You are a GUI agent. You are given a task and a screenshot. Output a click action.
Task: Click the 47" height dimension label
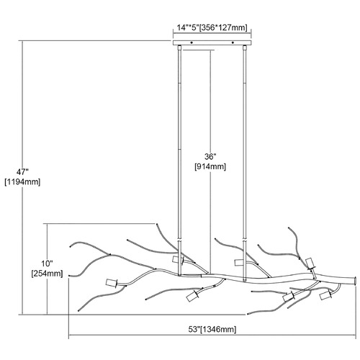coord(22,172)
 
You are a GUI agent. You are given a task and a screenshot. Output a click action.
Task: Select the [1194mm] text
coord(22,182)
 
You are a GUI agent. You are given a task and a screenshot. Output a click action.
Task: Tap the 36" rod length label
coord(210,157)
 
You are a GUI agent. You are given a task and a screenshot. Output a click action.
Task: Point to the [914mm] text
coord(210,166)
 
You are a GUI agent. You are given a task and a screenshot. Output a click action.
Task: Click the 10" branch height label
coord(47,264)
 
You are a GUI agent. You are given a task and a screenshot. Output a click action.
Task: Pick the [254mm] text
coord(47,274)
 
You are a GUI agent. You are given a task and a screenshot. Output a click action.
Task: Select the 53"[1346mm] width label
coord(212,329)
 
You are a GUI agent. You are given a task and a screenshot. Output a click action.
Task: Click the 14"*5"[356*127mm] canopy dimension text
coord(212,27)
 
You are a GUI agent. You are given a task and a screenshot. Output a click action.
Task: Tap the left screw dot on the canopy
coord(192,42)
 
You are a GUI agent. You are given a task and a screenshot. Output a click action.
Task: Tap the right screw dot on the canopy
coord(233,42)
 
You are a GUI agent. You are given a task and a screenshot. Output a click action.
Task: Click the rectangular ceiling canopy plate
coord(212,42)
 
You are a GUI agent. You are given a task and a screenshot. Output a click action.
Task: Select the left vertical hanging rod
coord(179,161)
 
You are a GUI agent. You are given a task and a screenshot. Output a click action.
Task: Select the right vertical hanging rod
coord(245,163)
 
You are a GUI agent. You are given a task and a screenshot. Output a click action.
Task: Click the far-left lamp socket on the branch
coord(112,283)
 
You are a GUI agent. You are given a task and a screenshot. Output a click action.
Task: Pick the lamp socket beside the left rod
coord(178,260)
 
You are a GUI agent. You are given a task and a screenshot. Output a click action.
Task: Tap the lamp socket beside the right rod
coord(240,263)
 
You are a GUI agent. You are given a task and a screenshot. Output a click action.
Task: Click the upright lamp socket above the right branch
coord(310,264)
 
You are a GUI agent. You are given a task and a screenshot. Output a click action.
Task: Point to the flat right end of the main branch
coord(356,281)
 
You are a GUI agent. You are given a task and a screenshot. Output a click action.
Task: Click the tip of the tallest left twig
coord(157,225)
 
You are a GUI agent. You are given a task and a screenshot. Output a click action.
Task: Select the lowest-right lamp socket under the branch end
coord(325,295)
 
